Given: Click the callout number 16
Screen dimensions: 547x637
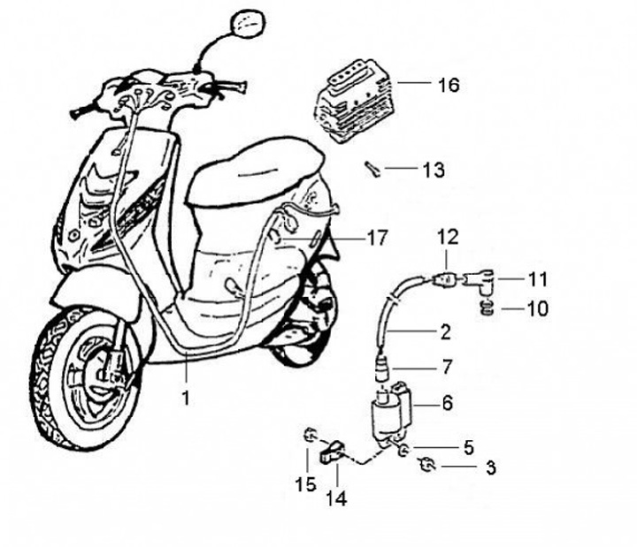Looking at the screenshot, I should point(448,85).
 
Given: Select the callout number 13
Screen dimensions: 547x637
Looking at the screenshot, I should point(433,168).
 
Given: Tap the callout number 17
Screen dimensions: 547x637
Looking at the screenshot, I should point(377,237).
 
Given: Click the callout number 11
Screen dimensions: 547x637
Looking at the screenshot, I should point(537,279).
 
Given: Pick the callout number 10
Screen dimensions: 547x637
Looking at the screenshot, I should point(537,309).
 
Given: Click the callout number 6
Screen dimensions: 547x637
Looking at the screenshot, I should point(447,402).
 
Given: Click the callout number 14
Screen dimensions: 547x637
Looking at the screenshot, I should point(335,498).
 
